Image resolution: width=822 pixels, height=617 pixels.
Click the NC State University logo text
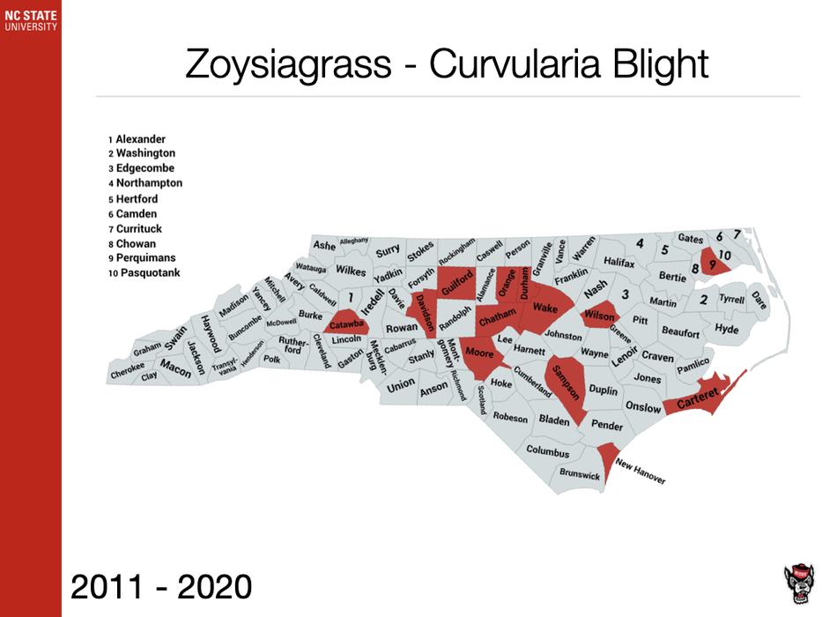(30, 20)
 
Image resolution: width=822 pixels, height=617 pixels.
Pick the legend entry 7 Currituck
(141, 229)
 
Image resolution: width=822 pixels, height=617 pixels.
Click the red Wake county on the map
(545, 308)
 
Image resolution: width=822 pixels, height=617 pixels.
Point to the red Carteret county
(695, 401)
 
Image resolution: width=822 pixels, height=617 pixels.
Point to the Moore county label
(479, 353)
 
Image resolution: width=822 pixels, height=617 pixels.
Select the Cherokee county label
(127, 374)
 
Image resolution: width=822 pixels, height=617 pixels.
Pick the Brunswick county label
(580, 475)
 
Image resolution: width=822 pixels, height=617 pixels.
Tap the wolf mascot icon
(798, 583)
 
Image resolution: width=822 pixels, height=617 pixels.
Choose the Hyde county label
(727, 329)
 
